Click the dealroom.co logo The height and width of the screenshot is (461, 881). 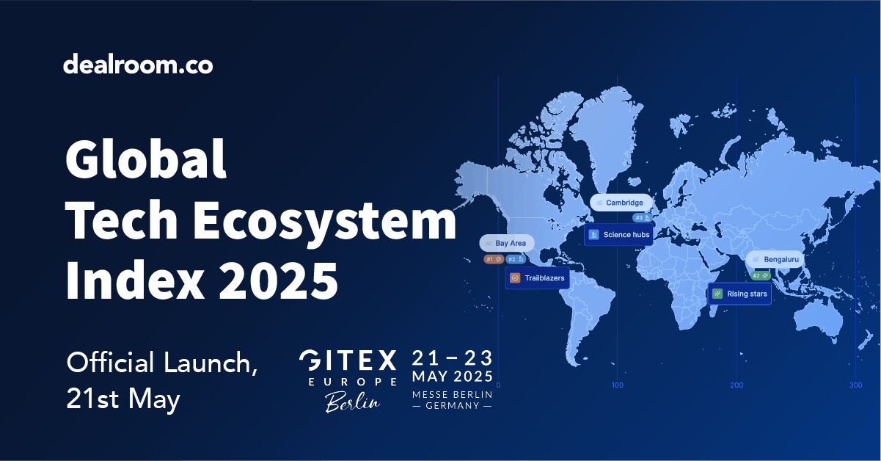pyautogui.click(x=138, y=65)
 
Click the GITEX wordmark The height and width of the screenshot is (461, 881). pyautogui.click(x=348, y=360)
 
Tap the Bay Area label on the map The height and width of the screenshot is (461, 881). pyautogui.click(x=507, y=243)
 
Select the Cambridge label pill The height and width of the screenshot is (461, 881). pyautogui.click(x=621, y=203)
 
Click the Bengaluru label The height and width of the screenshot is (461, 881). pyautogui.click(x=775, y=260)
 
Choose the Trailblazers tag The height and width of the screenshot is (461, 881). pyautogui.click(x=537, y=278)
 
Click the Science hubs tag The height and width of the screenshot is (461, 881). pyautogui.click(x=618, y=235)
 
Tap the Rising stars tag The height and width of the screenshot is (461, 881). pyautogui.click(x=739, y=294)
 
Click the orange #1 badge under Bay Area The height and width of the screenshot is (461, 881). pyautogui.click(x=493, y=259)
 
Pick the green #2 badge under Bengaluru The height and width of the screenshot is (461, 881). pyautogui.click(x=761, y=275)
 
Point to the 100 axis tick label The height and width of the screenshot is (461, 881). pyautogui.click(x=618, y=385)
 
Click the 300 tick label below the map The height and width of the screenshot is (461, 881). pyautogui.click(x=855, y=385)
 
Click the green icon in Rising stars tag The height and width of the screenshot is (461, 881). pyautogui.click(x=718, y=294)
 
